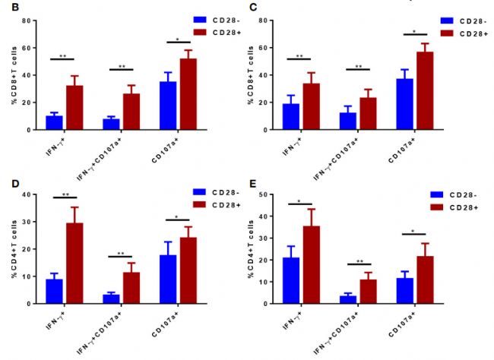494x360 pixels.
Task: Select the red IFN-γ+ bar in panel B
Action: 74,107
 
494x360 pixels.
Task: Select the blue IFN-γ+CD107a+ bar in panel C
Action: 347,121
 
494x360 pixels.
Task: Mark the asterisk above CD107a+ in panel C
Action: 415,32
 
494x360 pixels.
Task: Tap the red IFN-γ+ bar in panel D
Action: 74,263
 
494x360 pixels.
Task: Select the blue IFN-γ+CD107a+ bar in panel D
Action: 111,298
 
